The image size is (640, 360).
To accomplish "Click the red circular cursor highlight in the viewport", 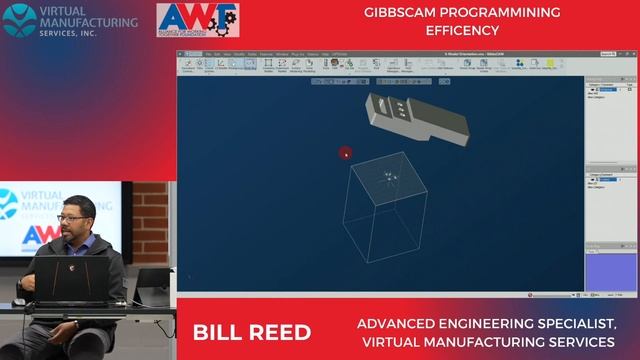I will (345, 153).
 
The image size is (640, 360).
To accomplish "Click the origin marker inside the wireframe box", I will (389, 177).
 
